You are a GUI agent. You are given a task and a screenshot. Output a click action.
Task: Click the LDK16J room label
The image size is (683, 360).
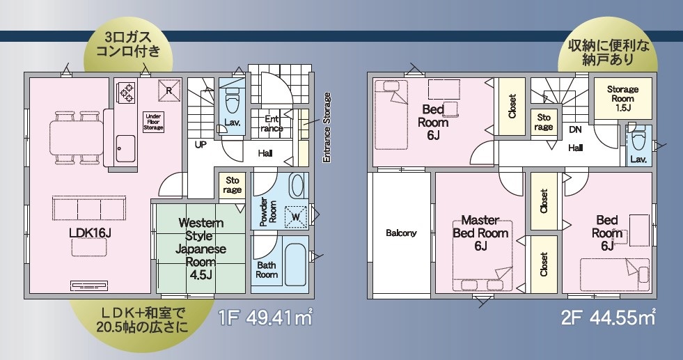(x=91, y=233)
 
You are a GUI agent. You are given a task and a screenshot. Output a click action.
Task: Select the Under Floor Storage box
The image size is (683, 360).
(x=153, y=122)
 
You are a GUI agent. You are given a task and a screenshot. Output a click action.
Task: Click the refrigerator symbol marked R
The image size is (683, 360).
(x=169, y=91)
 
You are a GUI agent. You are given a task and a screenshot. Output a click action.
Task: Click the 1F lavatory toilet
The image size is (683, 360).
(x=231, y=103)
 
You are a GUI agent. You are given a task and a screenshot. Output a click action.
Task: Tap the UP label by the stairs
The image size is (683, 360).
(x=201, y=144)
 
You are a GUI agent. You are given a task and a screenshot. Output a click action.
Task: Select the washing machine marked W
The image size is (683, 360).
(x=296, y=216)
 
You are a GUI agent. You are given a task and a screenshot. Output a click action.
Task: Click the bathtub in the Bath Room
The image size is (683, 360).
(x=296, y=260)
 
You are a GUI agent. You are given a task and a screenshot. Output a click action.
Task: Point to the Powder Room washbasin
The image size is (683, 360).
(x=297, y=186)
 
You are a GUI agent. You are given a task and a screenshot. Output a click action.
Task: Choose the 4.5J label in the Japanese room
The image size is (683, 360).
(x=201, y=275)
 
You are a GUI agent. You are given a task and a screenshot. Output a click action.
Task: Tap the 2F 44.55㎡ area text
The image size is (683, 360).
(x=609, y=318)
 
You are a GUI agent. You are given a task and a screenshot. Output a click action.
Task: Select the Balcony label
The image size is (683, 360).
(x=401, y=233)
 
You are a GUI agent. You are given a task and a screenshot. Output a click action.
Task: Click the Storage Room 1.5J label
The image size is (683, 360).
(x=623, y=98)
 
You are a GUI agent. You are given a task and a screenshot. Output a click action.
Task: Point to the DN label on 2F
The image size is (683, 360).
(x=575, y=130)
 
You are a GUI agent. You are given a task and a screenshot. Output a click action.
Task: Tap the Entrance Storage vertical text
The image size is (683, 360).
(x=327, y=127)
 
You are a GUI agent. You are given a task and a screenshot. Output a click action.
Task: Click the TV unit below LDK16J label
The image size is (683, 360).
(x=90, y=286)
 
